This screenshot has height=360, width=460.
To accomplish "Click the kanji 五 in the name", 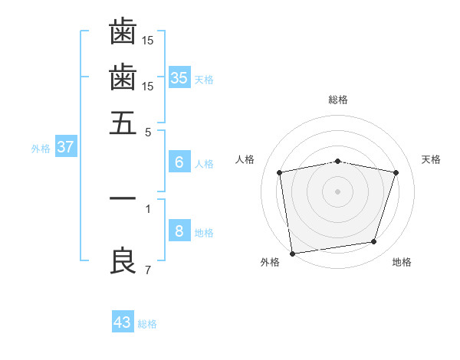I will (x=123, y=123).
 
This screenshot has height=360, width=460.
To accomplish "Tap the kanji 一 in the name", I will (x=123, y=198).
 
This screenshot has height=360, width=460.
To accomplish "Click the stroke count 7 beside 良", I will (x=148, y=270).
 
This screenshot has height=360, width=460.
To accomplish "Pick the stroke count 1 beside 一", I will (x=148, y=208).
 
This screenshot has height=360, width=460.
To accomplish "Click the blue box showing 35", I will (x=179, y=77).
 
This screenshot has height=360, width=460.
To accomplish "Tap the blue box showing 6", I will (x=179, y=162).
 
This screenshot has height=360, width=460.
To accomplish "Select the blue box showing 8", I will (x=179, y=231).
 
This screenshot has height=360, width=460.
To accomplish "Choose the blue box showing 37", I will (x=65, y=147).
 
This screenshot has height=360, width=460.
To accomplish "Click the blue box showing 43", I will (x=123, y=322).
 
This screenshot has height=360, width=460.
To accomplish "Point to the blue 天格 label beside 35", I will (x=204, y=80).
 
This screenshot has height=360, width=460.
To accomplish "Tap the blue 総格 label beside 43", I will (x=147, y=324).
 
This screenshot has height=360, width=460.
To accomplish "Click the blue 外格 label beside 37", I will (x=41, y=149).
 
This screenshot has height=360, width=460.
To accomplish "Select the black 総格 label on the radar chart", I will (x=337, y=100).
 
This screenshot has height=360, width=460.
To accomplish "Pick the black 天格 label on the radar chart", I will (x=431, y=159).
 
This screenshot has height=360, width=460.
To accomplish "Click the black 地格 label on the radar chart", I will (x=402, y=262).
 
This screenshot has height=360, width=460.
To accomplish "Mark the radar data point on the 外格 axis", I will (x=292, y=253).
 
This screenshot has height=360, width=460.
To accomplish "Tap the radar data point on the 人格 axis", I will (x=280, y=172).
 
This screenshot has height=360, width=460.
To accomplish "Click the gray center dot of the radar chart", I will (x=337, y=191).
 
